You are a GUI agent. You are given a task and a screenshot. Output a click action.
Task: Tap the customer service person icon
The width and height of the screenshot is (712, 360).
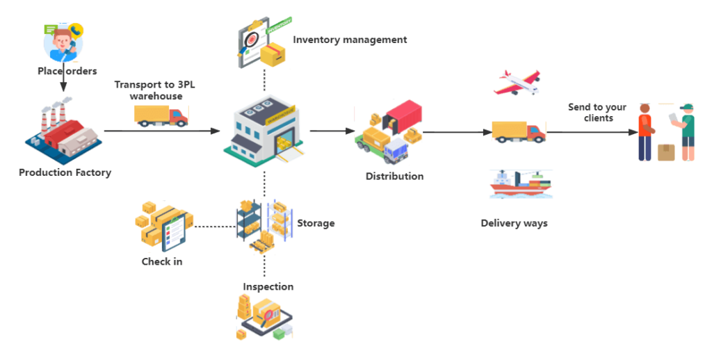coord(63,42)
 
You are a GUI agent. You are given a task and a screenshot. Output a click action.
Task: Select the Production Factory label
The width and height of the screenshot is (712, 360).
coord(65,172)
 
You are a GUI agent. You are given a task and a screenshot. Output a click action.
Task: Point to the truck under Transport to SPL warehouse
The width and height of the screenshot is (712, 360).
coord(161,116)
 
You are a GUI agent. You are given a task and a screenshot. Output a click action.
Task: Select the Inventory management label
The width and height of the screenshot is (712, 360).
coord(349,40)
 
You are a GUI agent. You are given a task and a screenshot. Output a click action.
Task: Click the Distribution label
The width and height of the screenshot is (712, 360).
coord(394,177)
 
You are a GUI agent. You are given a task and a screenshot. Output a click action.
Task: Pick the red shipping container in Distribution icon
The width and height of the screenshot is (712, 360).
coord(403,114)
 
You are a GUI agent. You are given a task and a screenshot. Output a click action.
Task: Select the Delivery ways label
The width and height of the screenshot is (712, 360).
coord(515,223)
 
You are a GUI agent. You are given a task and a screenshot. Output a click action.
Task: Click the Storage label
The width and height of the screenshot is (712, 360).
coord(316,223)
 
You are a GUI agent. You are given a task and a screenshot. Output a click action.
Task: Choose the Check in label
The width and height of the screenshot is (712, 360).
coord(161,261)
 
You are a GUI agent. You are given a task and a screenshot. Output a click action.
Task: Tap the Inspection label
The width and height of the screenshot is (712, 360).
coord(268,286)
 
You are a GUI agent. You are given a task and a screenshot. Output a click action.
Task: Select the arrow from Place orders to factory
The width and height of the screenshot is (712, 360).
coord(63,85)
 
